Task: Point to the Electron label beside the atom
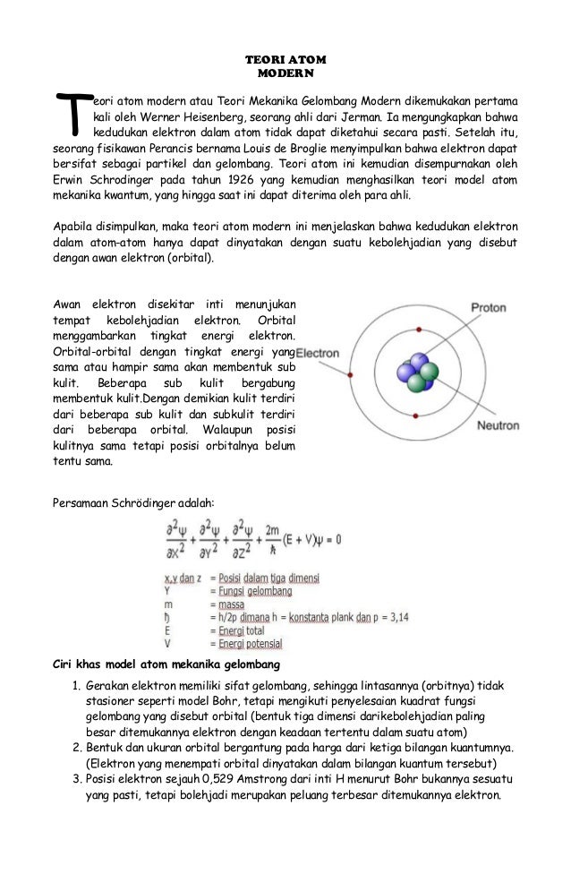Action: (x=317, y=353)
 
